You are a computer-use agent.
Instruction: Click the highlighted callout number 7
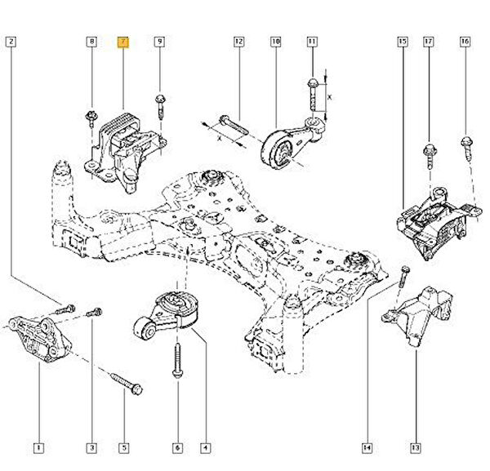pos(123,41)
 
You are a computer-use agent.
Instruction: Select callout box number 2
pos(10,41)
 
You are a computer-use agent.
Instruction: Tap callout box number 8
pos(91,41)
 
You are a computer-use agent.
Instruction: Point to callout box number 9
pos(159,41)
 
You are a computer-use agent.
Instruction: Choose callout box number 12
pos(238,41)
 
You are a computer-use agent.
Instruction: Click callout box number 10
pos(275,41)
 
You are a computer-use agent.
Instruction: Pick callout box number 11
pos(311,41)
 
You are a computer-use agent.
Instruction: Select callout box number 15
pos(402,41)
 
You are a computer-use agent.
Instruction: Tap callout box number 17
pos(427,41)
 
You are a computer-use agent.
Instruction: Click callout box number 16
pos(465,41)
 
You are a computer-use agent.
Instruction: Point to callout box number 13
pos(416,447)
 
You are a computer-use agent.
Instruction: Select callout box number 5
pos(124,447)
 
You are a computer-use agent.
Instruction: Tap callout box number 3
pos(91,447)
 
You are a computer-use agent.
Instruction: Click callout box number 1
pos(38,447)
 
